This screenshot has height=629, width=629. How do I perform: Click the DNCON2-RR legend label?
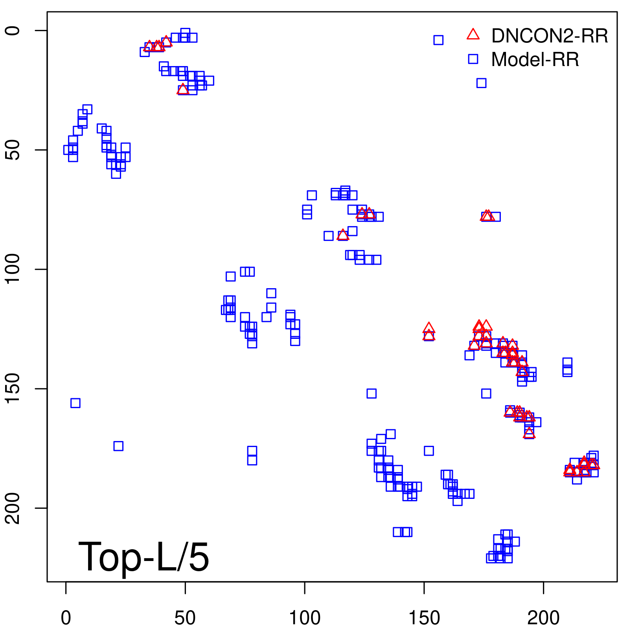(549, 36)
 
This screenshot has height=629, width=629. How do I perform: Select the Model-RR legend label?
(535, 60)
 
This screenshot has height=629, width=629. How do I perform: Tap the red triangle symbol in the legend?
(473, 35)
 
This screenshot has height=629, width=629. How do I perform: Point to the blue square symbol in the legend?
(473, 59)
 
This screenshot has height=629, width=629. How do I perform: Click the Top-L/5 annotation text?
(143, 557)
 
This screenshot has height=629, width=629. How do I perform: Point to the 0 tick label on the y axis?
(13, 31)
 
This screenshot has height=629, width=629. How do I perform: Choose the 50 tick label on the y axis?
(13, 150)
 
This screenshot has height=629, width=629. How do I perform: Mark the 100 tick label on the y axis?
(13, 269)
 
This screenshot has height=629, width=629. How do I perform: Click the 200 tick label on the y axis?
(13, 508)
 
